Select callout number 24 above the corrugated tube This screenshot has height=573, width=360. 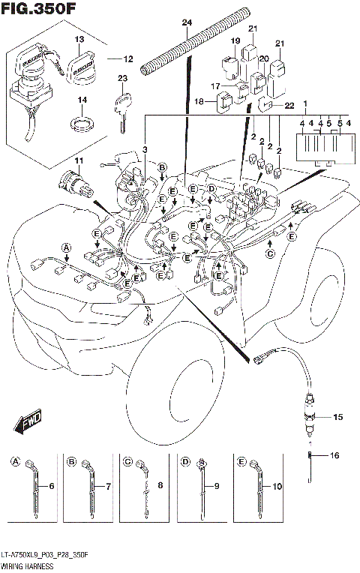click(187, 22)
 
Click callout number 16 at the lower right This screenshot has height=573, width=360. click(335, 455)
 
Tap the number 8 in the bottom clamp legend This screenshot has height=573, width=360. click(161, 486)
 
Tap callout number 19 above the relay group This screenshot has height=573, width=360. click(235, 40)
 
